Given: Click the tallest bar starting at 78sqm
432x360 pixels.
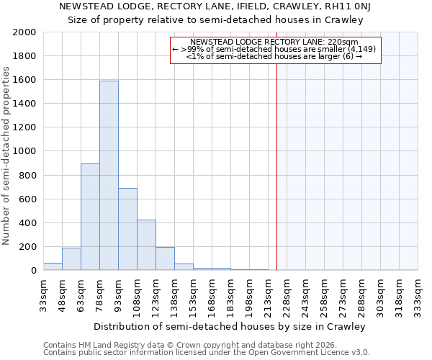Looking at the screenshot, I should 109,176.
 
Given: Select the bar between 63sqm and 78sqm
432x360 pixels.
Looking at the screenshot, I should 90,217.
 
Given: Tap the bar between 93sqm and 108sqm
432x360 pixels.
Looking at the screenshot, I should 127,229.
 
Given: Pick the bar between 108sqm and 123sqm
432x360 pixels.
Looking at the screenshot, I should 146,245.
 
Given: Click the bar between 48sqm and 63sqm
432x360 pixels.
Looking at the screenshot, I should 71,259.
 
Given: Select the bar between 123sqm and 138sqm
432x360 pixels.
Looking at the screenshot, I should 165,258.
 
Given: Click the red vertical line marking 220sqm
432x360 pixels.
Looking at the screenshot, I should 276,166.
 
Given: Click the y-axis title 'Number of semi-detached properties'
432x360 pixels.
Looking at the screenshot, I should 6,156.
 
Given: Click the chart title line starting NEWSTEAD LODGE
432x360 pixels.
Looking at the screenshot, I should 215,7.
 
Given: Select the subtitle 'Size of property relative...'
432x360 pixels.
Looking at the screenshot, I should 215,20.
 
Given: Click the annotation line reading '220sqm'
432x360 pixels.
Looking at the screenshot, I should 275,42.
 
